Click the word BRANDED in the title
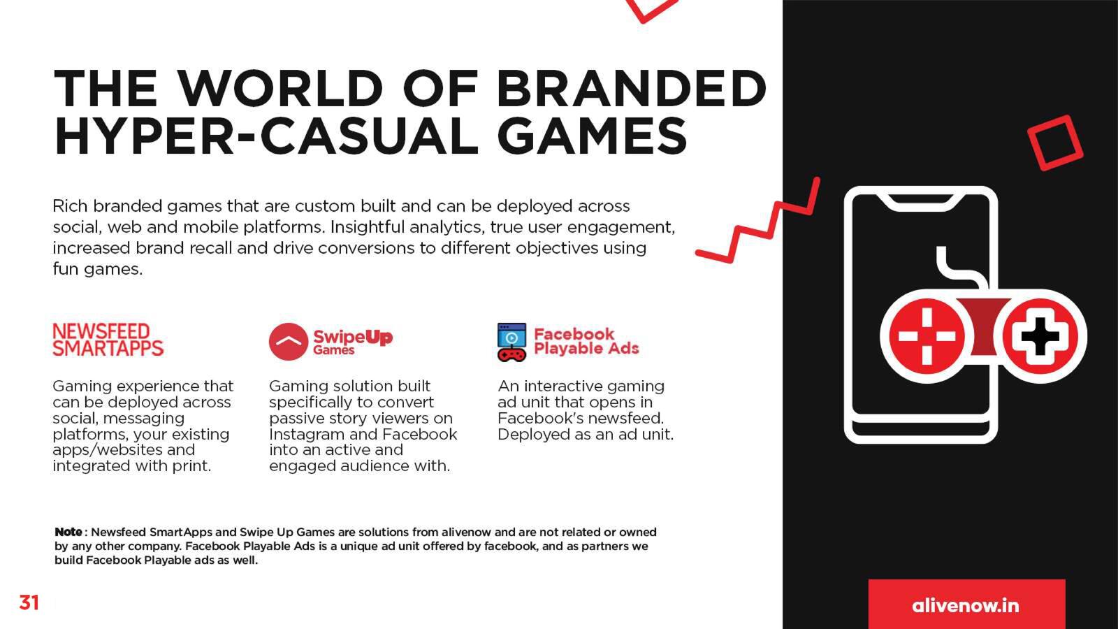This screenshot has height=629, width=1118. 631,88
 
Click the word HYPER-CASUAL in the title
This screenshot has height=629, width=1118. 266,136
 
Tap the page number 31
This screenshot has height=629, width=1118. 29,603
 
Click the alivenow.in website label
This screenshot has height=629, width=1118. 966,605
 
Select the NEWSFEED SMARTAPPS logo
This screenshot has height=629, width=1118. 108,340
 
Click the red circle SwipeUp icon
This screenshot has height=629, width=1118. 288,342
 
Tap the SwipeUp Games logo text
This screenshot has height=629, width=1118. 353,342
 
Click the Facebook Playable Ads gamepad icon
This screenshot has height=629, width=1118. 511,342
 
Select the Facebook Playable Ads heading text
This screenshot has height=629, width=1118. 586,341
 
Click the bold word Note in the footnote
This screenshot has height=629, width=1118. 68,532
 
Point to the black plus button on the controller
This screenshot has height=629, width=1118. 1040,336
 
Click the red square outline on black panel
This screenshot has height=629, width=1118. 1055,143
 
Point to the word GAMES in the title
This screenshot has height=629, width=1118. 593,136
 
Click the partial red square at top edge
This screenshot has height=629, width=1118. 652,10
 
